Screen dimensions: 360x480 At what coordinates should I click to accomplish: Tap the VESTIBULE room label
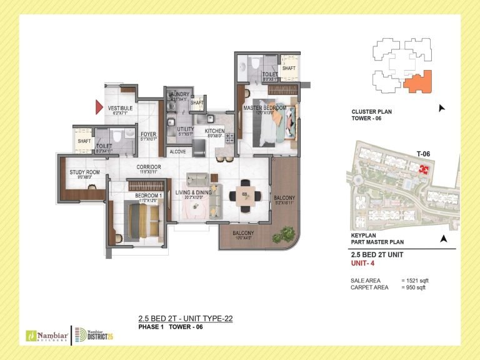point(120,108)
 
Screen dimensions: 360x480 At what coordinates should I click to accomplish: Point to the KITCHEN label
point(214,131)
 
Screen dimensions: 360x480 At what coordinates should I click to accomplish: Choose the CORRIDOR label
point(149,167)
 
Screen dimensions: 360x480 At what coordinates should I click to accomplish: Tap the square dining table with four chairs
point(244,196)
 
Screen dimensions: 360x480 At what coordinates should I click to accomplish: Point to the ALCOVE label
point(177,151)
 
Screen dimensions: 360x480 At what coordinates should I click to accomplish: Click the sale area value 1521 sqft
point(416,281)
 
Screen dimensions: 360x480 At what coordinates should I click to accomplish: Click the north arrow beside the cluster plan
point(442,108)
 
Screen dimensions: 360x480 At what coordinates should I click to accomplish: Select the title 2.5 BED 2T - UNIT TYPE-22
point(185,319)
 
